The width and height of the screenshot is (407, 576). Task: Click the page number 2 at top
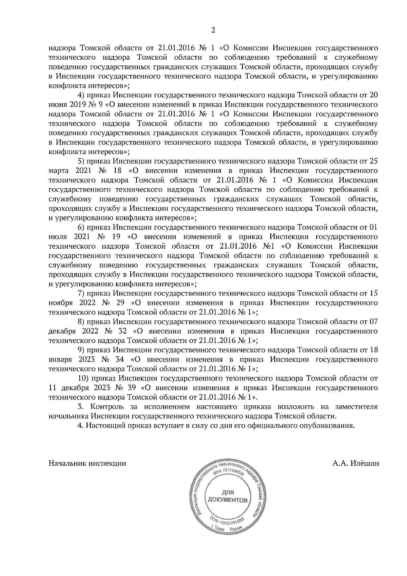point(213,30)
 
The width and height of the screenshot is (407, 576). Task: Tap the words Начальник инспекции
point(88,463)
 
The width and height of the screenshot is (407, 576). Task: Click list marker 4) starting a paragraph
point(81,94)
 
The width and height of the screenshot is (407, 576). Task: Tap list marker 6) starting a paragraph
point(81,227)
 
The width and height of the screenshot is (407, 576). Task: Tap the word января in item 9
point(60,359)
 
